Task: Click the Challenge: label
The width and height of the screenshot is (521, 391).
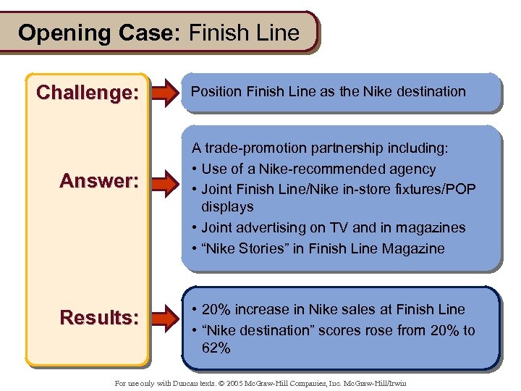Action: pyautogui.click(x=88, y=93)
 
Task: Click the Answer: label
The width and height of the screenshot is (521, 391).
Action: pyautogui.click(x=98, y=180)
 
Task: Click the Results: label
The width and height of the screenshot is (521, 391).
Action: pyautogui.click(x=99, y=317)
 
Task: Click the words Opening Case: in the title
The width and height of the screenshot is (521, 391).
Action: pyautogui.click(x=101, y=33)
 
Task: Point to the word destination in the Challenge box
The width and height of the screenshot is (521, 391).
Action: pyautogui.click(x=426, y=91)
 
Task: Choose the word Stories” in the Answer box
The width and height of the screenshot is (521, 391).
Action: pyautogui.click(x=263, y=248)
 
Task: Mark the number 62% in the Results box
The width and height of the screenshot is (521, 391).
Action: pyautogui.click(x=216, y=348)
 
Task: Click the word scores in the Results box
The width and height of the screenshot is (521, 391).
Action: pyautogui.click(x=343, y=330)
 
